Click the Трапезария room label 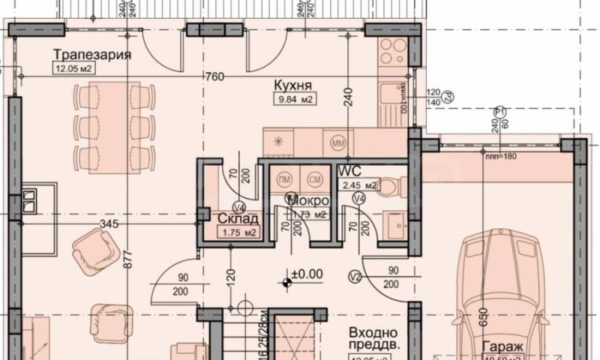point(93,55)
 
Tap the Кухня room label point(292,85)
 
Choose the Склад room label point(238,219)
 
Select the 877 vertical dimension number point(127,259)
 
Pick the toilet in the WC point(391,188)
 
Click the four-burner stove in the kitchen point(391,52)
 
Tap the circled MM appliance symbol point(337,140)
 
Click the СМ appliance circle point(315,179)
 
